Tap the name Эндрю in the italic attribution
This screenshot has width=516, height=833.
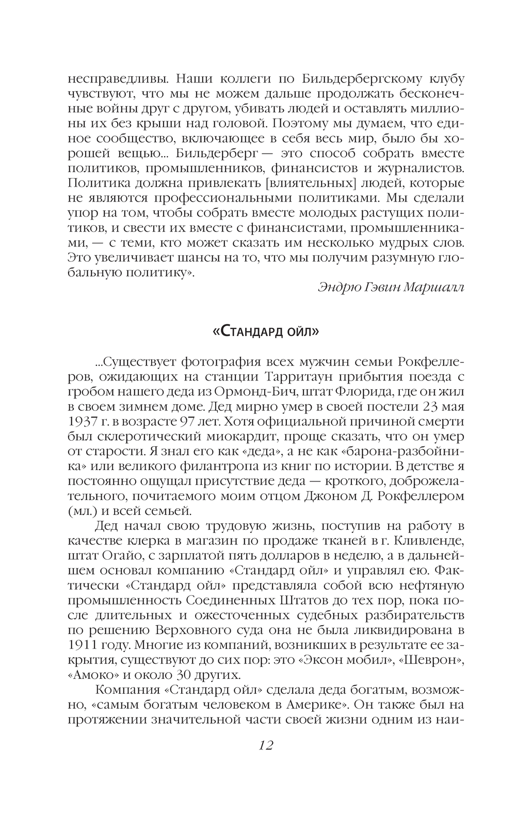pos(337,287)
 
